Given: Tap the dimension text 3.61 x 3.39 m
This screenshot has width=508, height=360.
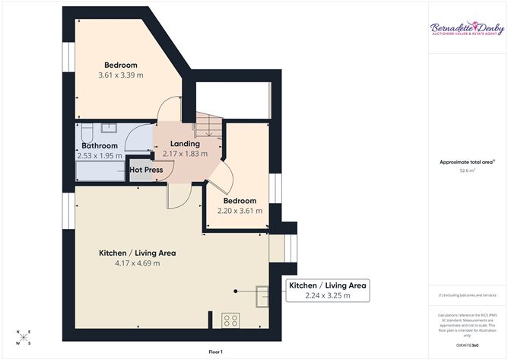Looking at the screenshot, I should [121, 75].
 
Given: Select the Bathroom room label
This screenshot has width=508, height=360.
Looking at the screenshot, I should [100, 145].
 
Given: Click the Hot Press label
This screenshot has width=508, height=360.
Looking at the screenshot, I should [147, 170].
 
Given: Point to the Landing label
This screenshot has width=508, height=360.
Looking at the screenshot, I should [185, 143].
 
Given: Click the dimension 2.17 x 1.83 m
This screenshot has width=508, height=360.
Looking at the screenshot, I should [185, 154].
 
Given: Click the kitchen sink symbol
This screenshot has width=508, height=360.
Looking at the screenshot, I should [263, 294].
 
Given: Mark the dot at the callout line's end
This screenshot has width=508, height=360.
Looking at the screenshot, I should [237, 290].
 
